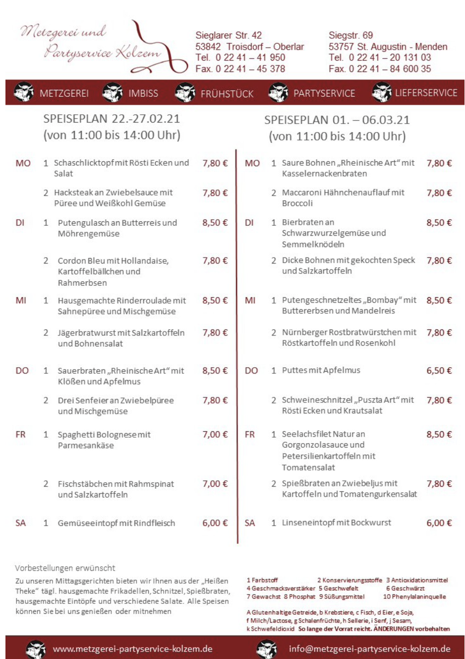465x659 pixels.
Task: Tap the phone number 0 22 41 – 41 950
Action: coord(250,58)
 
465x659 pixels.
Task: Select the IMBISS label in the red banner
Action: coord(143,93)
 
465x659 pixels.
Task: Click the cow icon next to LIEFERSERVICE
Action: coord(382,93)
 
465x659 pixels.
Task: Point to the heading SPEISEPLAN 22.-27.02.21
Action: coord(112,119)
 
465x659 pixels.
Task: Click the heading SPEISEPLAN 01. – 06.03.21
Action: coord(337,120)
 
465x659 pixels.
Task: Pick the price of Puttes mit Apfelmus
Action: coord(439,371)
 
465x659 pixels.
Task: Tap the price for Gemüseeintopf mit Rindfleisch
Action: coord(215,523)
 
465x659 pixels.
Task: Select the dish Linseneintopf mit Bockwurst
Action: coord(336,523)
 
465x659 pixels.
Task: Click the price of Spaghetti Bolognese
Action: coord(215,435)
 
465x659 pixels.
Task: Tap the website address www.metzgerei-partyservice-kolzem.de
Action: coord(132,649)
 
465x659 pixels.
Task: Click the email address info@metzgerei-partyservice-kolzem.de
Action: coord(369,649)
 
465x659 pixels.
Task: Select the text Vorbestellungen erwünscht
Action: coord(65,568)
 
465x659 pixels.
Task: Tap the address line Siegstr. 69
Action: coord(350,35)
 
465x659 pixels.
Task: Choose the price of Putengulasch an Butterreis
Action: coord(215,223)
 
